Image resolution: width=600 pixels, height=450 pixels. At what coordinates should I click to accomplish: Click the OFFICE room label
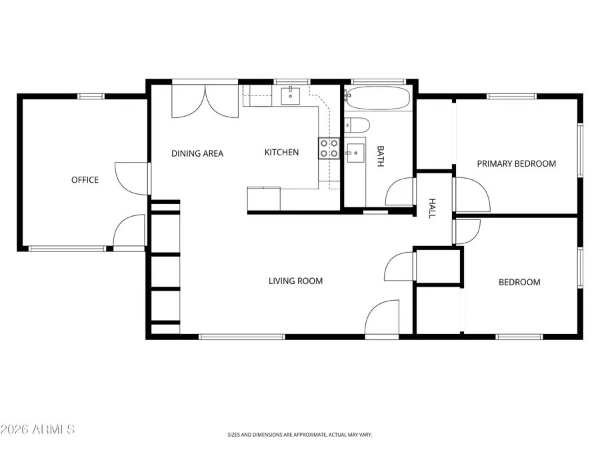(85, 180)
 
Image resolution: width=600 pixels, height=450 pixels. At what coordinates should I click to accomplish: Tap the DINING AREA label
(197, 153)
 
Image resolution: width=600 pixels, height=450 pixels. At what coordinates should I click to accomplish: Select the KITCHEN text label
(281, 153)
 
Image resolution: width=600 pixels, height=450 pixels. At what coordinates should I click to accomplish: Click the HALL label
(432, 208)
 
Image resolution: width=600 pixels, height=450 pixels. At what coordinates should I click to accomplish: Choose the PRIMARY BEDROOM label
(516, 163)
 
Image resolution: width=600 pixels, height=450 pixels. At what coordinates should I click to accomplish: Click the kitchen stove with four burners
(329, 148)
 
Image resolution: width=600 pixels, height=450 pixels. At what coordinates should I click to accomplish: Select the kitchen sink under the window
(291, 96)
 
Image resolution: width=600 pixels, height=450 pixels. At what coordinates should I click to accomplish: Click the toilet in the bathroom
(357, 124)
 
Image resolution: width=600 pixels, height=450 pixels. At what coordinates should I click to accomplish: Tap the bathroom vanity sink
(355, 153)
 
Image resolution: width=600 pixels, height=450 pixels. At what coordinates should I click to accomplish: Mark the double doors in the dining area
(205, 101)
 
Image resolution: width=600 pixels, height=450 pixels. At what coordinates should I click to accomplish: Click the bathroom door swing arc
(400, 192)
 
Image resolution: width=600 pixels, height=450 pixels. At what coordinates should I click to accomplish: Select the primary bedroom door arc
(473, 194)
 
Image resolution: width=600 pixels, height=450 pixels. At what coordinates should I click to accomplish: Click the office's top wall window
(91, 97)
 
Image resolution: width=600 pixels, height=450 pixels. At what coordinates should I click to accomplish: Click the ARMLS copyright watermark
(38, 429)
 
